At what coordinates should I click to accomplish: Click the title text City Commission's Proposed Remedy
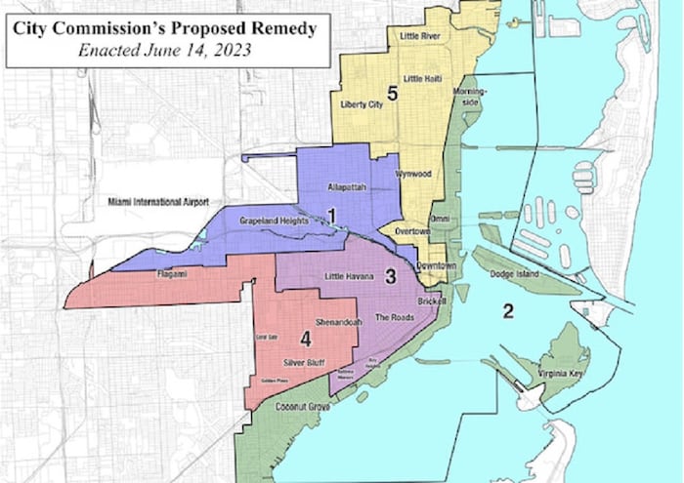[x=165, y=28]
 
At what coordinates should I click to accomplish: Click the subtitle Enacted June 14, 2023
[x=165, y=50]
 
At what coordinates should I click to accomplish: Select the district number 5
[x=391, y=95]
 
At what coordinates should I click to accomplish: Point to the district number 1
[x=332, y=215]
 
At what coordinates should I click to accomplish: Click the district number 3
[x=389, y=277]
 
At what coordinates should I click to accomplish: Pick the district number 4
[x=305, y=340]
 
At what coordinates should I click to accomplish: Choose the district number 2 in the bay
[x=507, y=312]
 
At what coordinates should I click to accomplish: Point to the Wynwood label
[x=411, y=174]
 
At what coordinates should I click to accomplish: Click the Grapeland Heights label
[x=275, y=221]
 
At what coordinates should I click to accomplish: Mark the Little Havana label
[x=349, y=277]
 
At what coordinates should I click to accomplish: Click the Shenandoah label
[x=339, y=321]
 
